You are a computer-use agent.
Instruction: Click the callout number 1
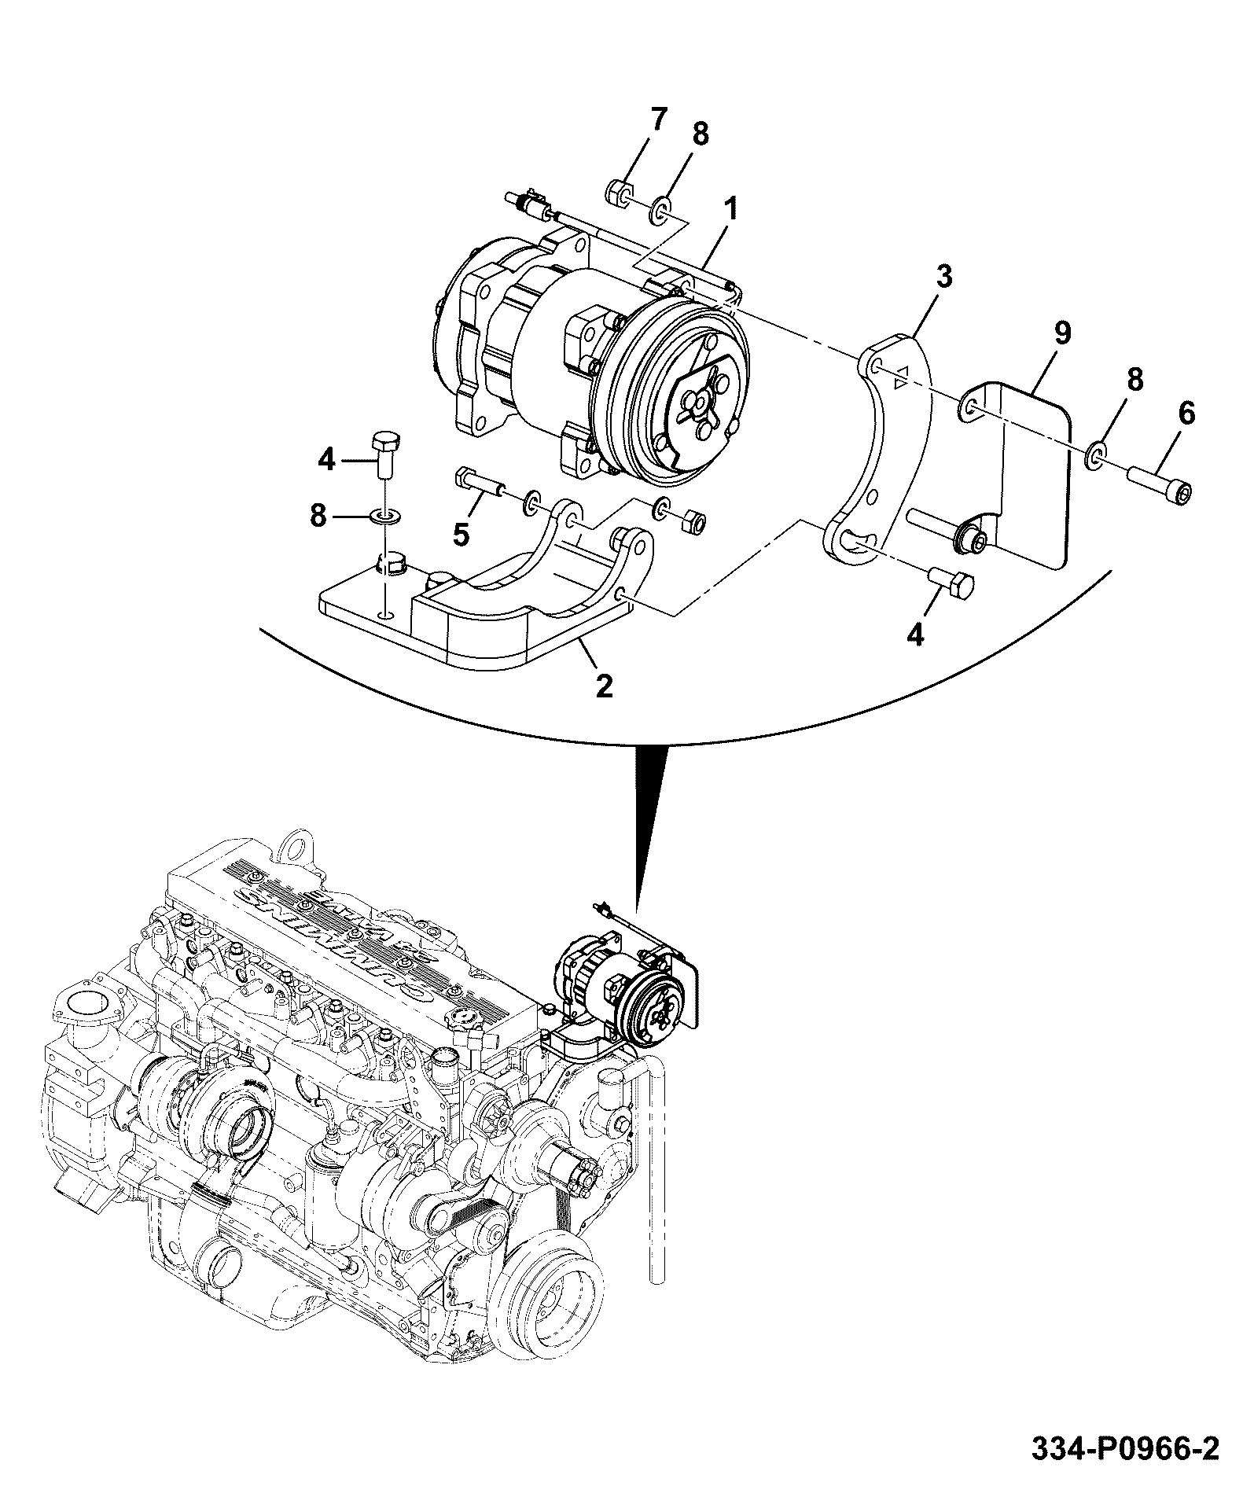pyautogui.click(x=731, y=211)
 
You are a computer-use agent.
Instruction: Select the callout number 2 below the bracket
pyautogui.click(x=604, y=686)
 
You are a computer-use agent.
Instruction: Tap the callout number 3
pyautogui.click(x=943, y=278)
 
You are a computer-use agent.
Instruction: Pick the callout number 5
pyautogui.click(x=462, y=535)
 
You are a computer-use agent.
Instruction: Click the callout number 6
pyautogui.click(x=1186, y=413)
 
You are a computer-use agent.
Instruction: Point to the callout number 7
pyautogui.click(x=658, y=120)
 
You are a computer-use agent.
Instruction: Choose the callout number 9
pyautogui.click(x=1061, y=333)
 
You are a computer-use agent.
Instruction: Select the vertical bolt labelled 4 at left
pyautogui.click(x=384, y=454)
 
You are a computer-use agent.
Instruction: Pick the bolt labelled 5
pyautogui.click(x=481, y=484)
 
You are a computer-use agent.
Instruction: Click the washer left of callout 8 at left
pyautogui.click(x=384, y=517)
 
